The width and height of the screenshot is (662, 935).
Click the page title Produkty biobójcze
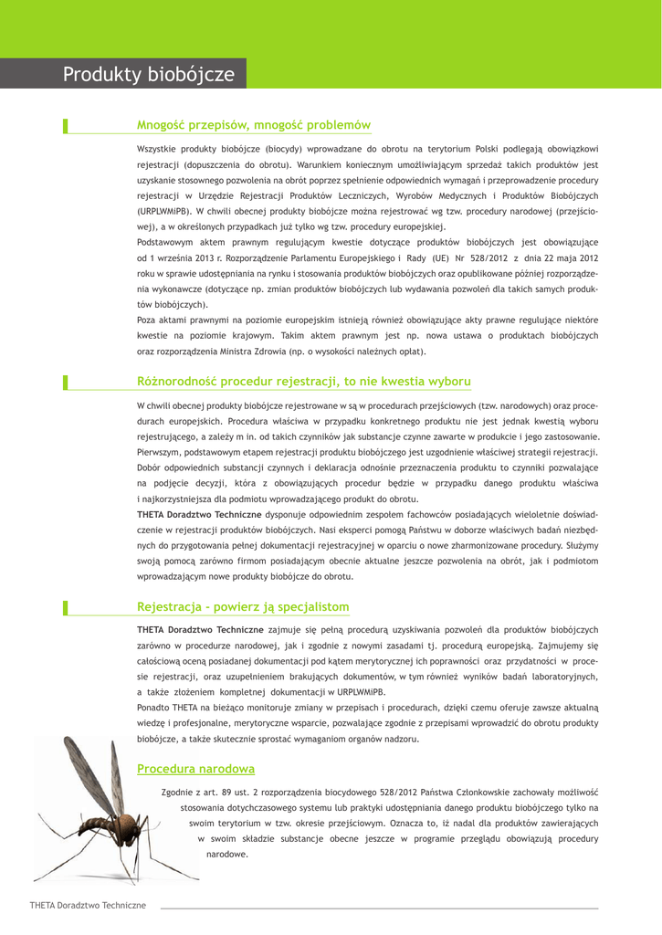(x=148, y=75)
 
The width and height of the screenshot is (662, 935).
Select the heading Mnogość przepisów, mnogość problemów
(x=253, y=125)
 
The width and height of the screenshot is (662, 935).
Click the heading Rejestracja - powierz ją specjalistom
(x=242, y=607)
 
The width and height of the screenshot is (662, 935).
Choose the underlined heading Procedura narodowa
(x=195, y=769)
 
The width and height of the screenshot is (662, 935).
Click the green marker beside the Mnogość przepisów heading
(x=65, y=125)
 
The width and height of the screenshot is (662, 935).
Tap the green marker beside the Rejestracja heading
(x=65, y=607)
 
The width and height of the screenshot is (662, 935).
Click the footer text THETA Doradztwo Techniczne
(x=88, y=905)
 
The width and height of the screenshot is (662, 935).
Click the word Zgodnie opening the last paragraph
(x=176, y=792)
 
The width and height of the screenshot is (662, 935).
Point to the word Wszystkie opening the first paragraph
(x=157, y=148)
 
